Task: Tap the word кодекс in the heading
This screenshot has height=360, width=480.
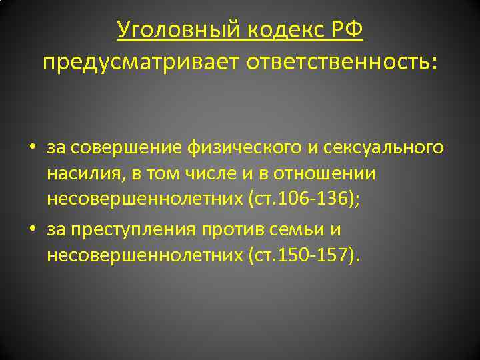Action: (277, 30)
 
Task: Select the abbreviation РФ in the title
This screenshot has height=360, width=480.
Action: (346, 30)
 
